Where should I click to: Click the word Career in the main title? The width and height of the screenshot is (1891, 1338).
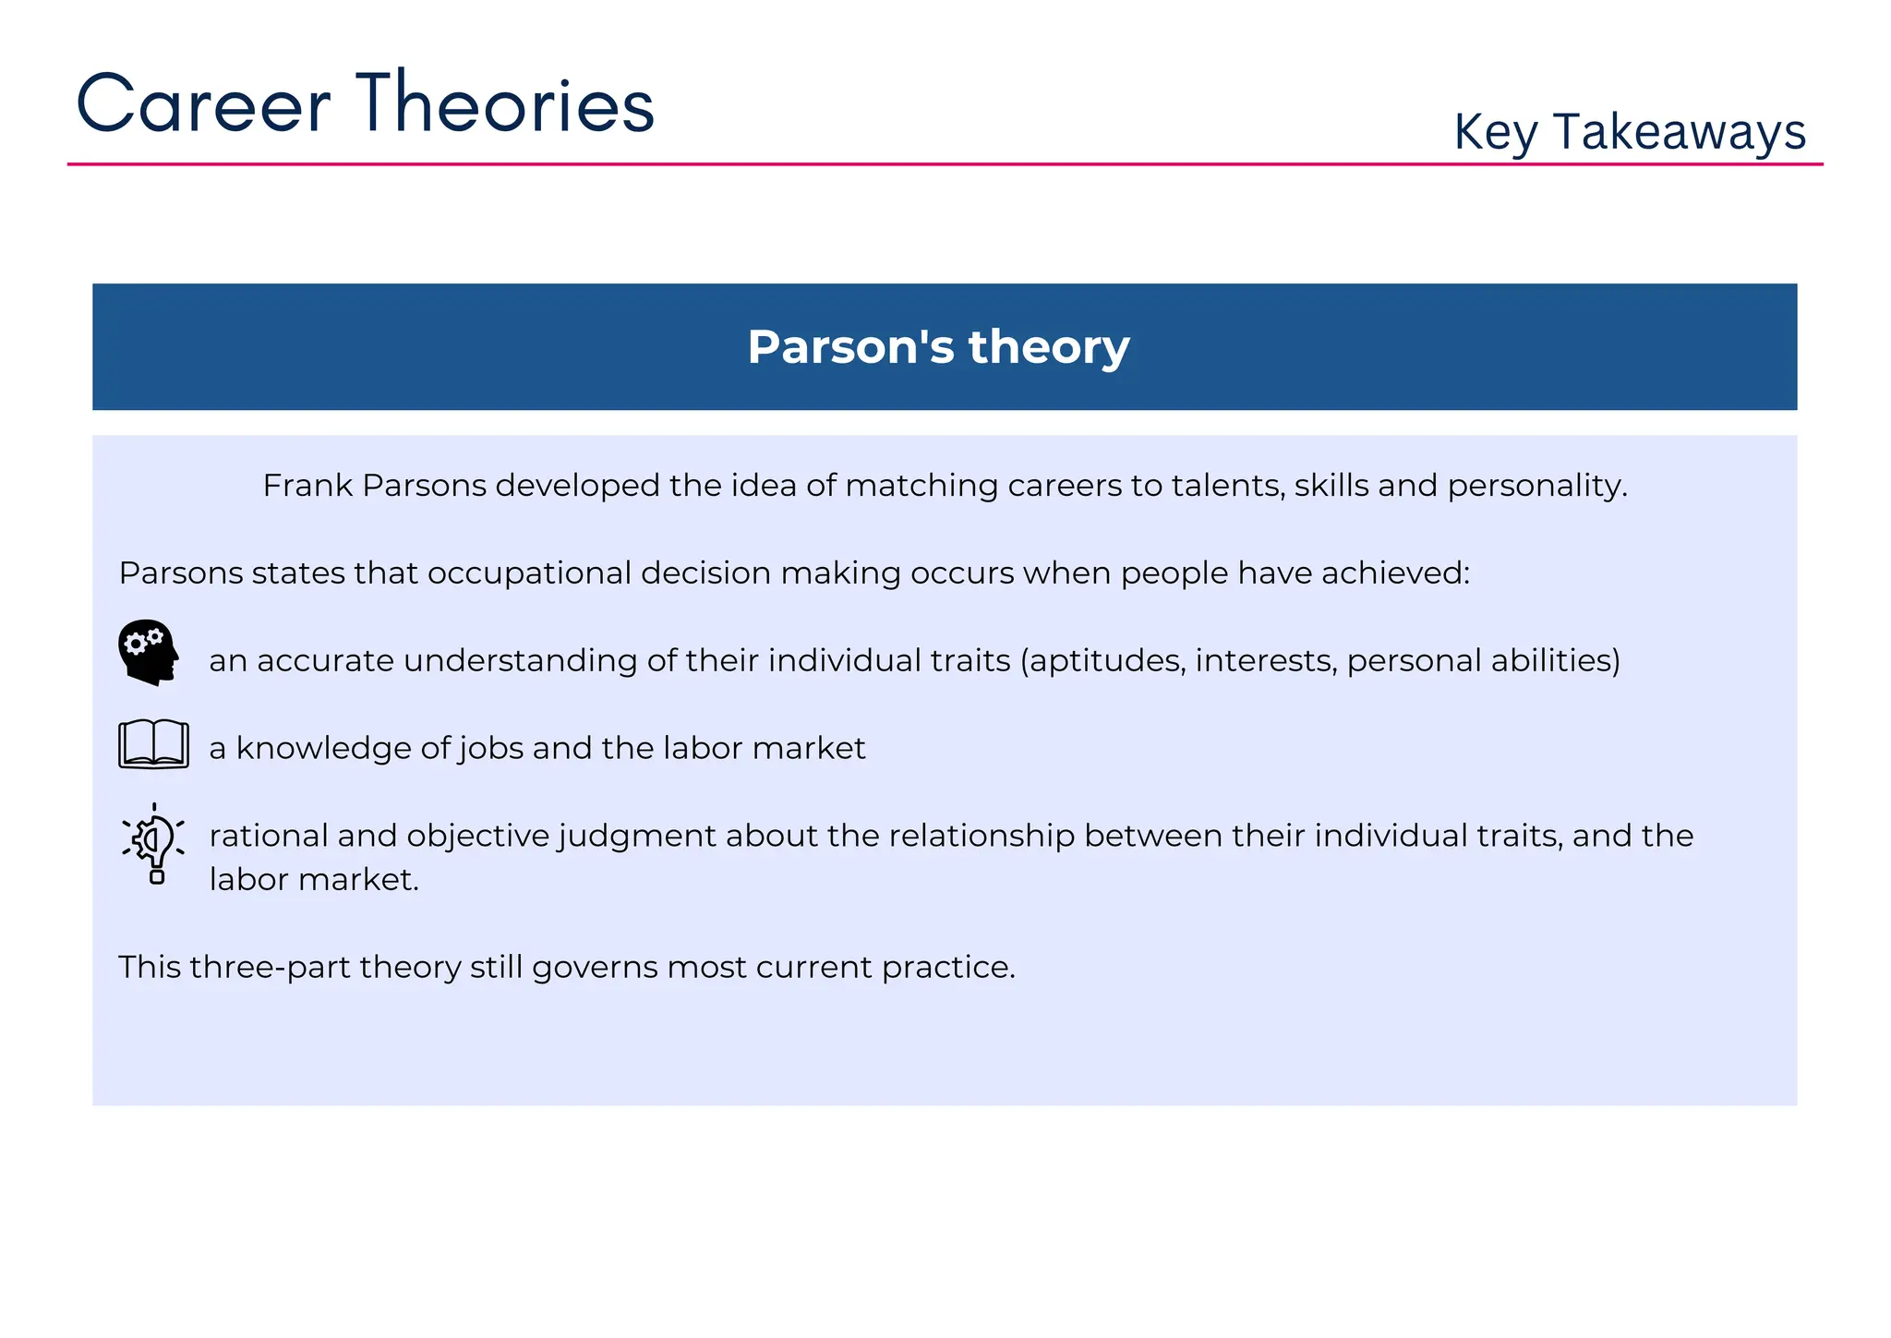203,103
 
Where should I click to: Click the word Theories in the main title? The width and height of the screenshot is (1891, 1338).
505,103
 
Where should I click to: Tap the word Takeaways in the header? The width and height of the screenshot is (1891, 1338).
1679,132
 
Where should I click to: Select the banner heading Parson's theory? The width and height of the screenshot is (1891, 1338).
938,347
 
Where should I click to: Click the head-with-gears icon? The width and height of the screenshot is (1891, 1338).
148,652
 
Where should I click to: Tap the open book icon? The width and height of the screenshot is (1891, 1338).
153,744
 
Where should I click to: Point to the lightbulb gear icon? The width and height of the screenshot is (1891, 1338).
154,843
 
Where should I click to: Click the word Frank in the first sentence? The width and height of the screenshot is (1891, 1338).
307,486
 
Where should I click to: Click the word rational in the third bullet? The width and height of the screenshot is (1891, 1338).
269,836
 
